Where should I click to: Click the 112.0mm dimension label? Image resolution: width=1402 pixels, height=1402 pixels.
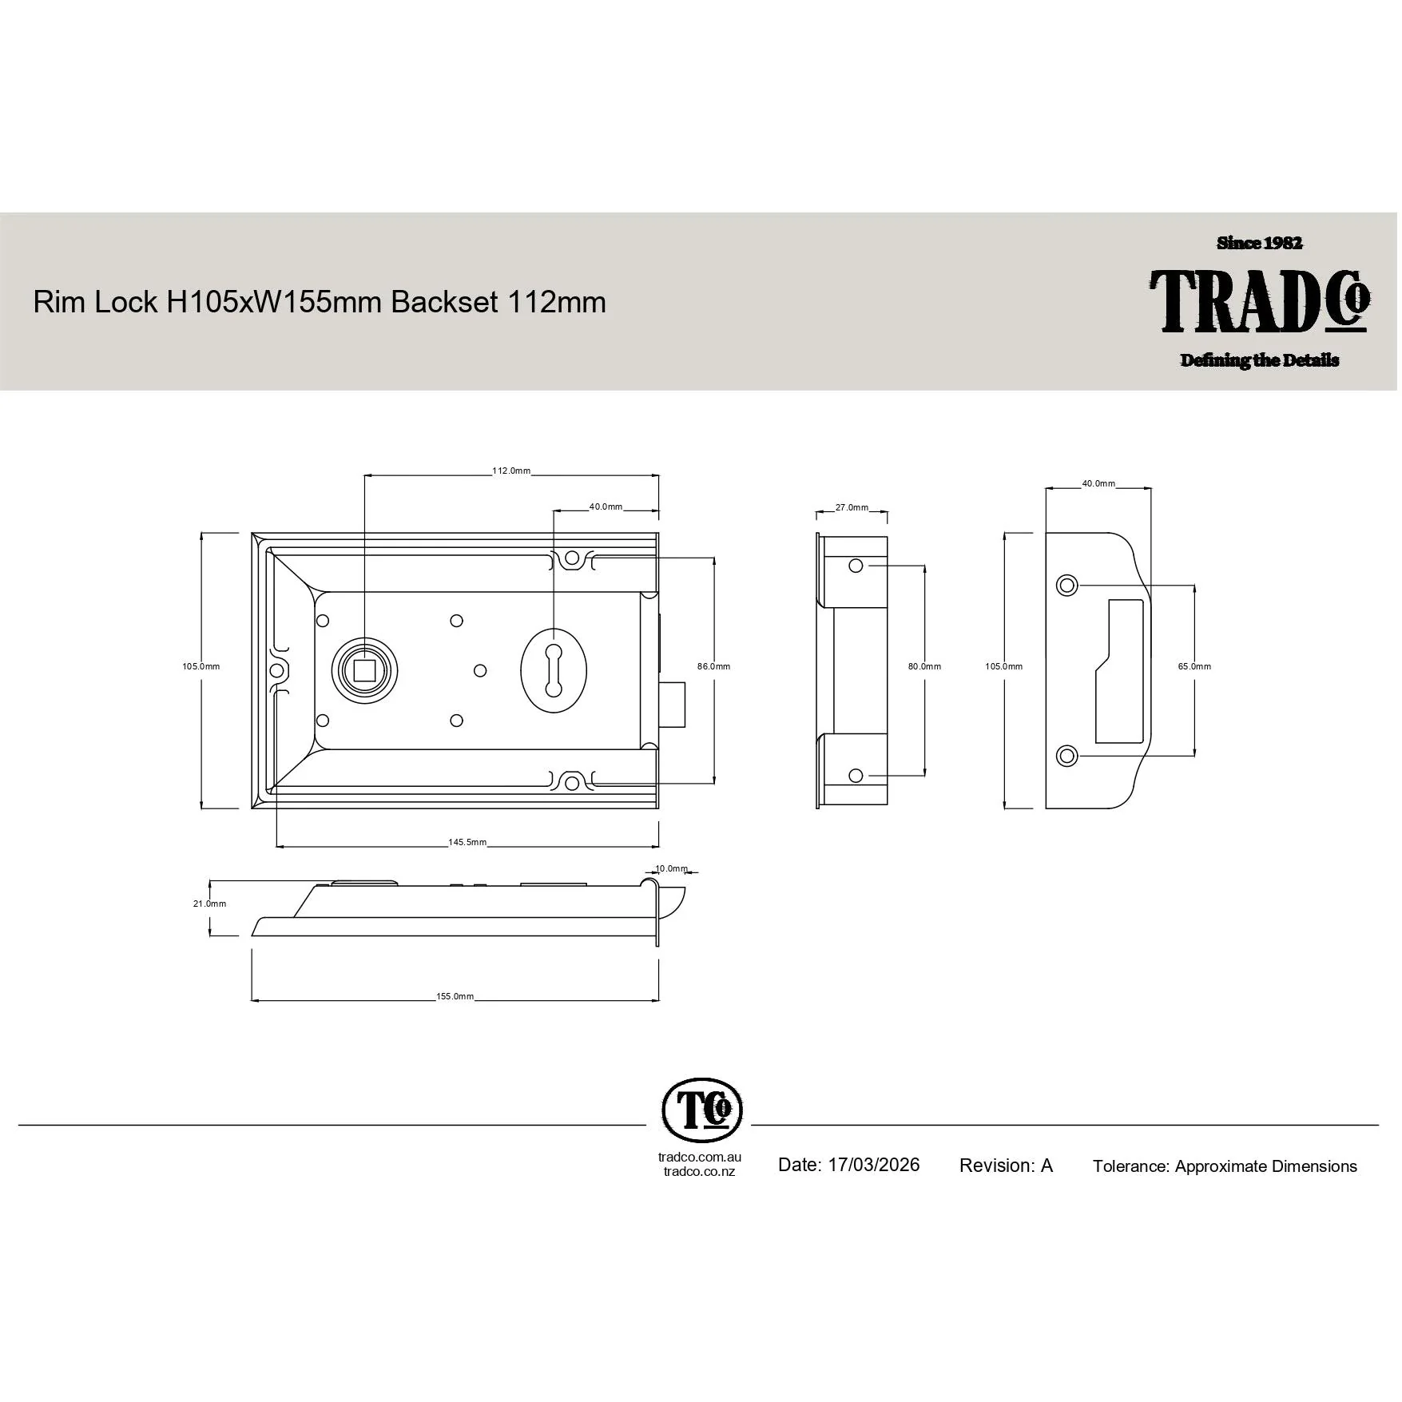pos(511,471)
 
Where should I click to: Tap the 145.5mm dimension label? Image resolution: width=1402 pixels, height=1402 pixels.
pos(467,842)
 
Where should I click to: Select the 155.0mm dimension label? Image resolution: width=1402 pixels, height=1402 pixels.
pos(455,996)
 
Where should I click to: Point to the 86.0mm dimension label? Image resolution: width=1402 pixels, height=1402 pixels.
pos(713,666)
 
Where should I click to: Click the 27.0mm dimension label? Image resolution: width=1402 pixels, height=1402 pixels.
pos(852,507)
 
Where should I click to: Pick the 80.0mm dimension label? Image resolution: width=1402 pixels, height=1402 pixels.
pos(924,666)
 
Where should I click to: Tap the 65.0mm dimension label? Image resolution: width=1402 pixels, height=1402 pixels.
pos(1194,666)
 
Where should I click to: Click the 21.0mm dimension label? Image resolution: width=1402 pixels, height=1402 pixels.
pos(209,904)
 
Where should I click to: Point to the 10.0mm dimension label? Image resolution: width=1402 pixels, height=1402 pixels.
pos(671,868)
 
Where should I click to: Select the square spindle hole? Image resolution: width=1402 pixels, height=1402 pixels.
pos(364,669)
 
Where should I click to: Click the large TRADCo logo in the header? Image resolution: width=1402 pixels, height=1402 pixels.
pos(1260,300)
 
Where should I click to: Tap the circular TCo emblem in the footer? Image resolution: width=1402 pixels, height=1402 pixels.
pos(702,1110)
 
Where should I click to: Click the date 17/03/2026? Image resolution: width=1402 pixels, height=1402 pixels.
pos(873,1165)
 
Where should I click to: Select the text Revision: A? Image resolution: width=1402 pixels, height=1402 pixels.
pos(1006,1166)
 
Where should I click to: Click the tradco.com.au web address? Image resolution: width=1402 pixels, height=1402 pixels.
pos(700,1157)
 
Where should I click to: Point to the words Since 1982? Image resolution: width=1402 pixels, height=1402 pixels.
pos(1260,243)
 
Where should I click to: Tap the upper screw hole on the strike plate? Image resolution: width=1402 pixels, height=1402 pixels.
pos(1066,586)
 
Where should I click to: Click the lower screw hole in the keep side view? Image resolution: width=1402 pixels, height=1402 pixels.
pos(856,776)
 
